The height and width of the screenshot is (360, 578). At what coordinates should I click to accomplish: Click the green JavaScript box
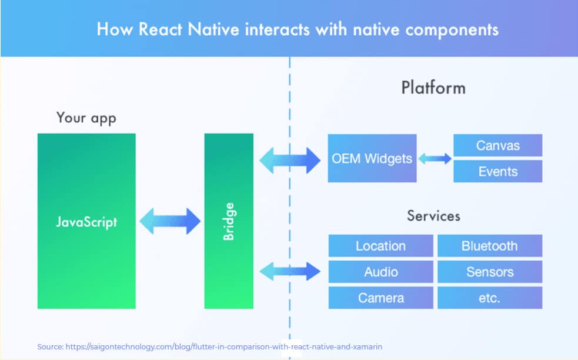[x=86, y=221]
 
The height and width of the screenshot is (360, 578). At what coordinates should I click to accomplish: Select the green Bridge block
[x=229, y=221]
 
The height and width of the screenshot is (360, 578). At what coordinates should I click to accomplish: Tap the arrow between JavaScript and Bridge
[x=171, y=221]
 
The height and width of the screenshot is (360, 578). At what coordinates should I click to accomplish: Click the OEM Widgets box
[x=372, y=158]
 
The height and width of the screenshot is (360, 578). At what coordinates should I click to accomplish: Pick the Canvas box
[x=497, y=145]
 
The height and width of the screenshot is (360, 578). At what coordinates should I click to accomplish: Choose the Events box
[x=497, y=171]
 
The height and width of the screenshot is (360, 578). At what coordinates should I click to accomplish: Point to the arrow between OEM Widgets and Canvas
[x=435, y=158]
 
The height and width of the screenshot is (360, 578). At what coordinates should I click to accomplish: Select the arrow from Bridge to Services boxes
[x=290, y=271]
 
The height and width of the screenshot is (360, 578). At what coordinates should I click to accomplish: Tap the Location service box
[x=380, y=246]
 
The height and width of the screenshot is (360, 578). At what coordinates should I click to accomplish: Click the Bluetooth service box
[x=489, y=246]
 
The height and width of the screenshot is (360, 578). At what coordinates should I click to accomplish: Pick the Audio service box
[x=380, y=272]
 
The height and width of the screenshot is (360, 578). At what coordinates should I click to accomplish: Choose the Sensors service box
[x=489, y=272]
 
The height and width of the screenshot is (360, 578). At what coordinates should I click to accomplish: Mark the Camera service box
[x=380, y=298]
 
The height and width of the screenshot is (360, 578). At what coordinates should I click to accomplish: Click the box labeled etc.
[x=489, y=298]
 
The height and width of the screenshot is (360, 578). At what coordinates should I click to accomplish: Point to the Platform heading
[x=433, y=88]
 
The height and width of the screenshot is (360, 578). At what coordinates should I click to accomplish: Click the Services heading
[x=433, y=215]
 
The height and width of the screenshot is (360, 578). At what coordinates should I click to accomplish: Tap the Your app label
[x=86, y=118]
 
